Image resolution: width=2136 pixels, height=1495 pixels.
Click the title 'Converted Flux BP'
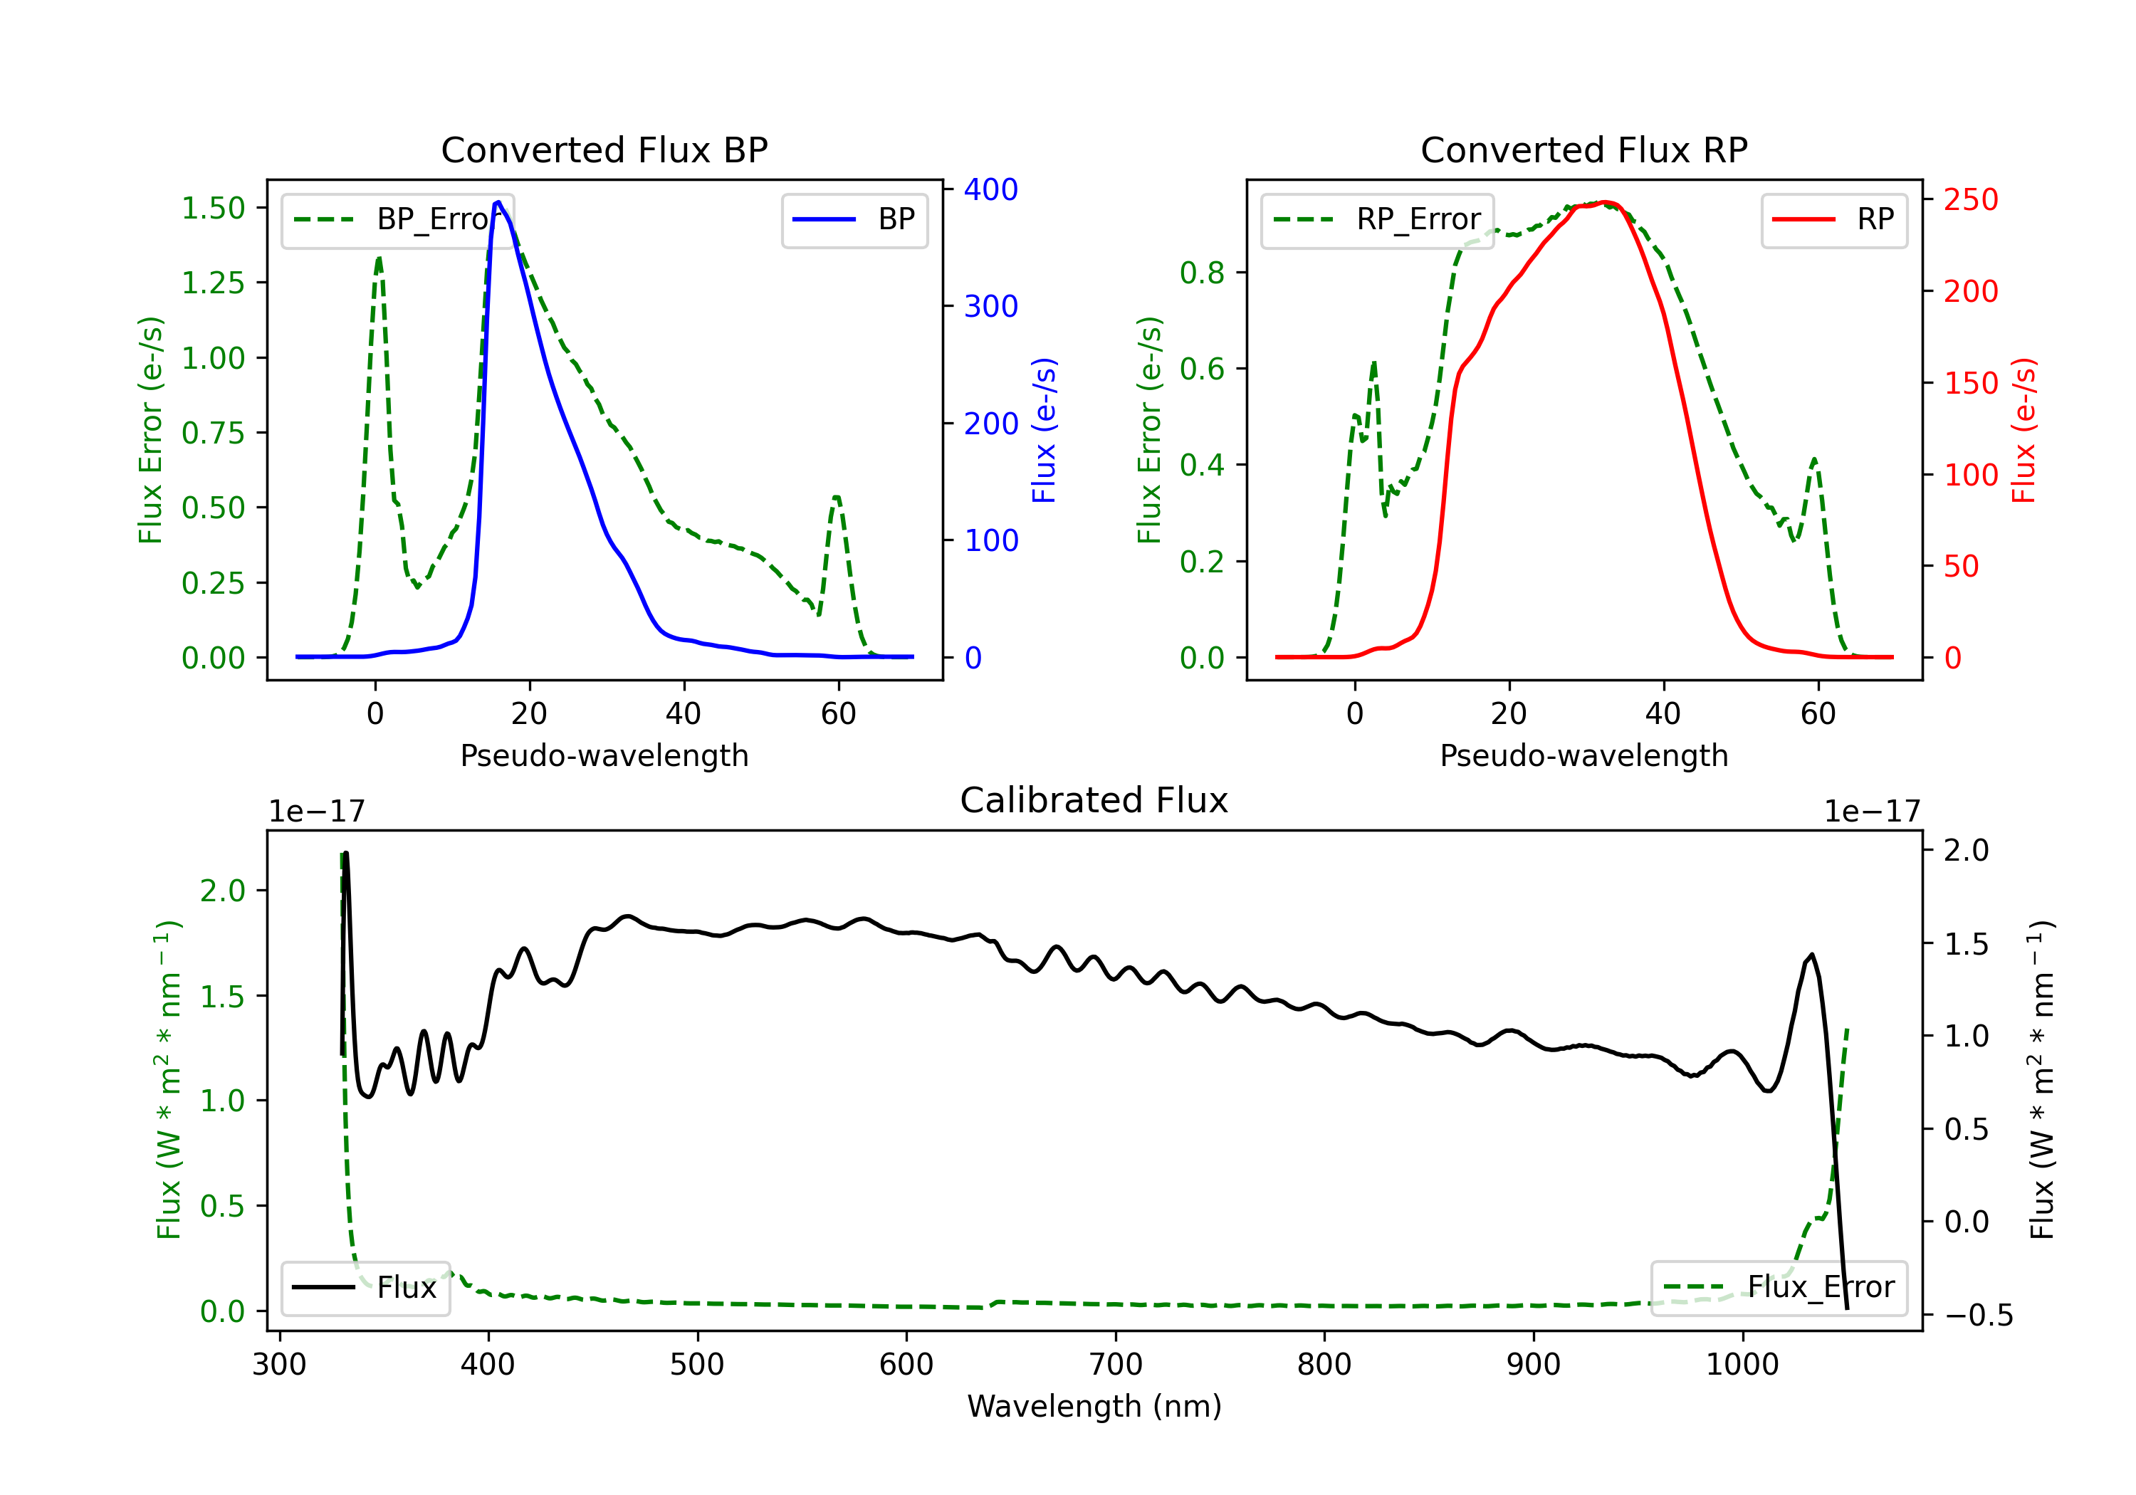pyautogui.click(x=604, y=149)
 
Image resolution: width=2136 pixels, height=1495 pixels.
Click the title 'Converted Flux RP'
pyautogui.click(x=1584, y=149)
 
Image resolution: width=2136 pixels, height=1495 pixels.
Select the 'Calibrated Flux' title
pyautogui.click(x=1094, y=800)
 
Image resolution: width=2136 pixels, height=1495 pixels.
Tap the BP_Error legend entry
pyautogui.click(x=397, y=219)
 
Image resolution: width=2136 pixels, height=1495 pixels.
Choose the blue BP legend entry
pyautogui.click(x=854, y=219)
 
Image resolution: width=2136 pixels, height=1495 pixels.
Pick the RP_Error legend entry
pyautogui.click(x=1377, y=219)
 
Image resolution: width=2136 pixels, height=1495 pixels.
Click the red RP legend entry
pyautogui.click(x=1833, y=219)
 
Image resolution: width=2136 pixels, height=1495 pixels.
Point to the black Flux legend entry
pyautogui.click(x=365, y=1288)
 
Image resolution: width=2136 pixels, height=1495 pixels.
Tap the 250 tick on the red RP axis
pyautogui.click(x=1970, y=200)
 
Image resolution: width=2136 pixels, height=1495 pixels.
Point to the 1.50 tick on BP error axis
pyautogui.click(x=213, y=209)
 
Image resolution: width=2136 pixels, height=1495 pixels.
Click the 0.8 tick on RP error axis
pyautogui.click(x=1202, y=273)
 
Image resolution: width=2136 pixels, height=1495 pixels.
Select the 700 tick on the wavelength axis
pyautogui.click(x=1116, y=1365)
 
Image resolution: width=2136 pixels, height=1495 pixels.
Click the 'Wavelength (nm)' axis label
pyautogui.click(x=1094, y=1406)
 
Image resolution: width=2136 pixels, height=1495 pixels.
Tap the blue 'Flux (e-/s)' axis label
pyautogui.click(x=1045, y=431)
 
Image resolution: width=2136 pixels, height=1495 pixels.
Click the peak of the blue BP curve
pyautogui.click(x=498, y=202)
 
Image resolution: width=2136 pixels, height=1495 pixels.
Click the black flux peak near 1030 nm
pyautogui.click(x=1811, y=955)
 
